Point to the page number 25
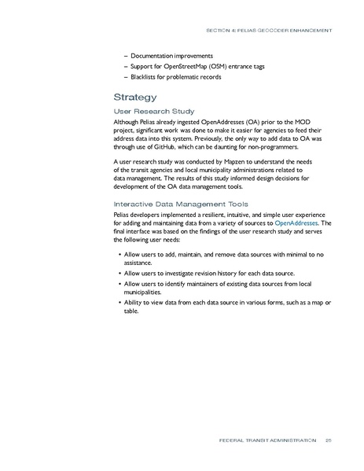coord(328,441)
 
